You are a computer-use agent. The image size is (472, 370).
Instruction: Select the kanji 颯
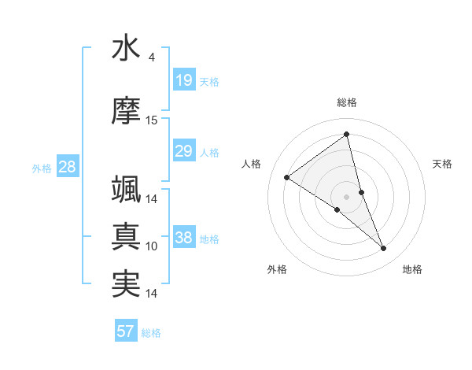point(126,190)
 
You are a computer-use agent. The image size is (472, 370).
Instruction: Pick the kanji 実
point(126,283)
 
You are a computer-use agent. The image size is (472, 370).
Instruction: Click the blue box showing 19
point(183,80)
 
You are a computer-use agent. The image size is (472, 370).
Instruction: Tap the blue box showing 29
point(183,151)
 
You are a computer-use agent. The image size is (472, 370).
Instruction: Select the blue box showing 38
point(183,238)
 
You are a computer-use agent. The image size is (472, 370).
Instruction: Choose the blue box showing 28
point(67,166)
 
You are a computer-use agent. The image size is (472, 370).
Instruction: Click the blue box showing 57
point(126,331)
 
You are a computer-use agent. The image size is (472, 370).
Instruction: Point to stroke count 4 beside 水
point(152,57)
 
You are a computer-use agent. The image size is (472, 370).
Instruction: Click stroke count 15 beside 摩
point(152,120)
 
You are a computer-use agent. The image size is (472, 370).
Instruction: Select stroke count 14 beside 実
point(152,294)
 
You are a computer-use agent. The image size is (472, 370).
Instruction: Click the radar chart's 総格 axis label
point(346,102)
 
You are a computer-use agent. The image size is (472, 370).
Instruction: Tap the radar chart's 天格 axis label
point(443,164)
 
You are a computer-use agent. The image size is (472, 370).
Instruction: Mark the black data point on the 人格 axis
point(287,177)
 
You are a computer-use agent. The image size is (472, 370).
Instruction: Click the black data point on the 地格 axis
point(384,249)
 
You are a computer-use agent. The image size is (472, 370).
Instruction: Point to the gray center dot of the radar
point(346,197)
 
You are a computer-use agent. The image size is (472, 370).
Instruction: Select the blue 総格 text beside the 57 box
point(151,333)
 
